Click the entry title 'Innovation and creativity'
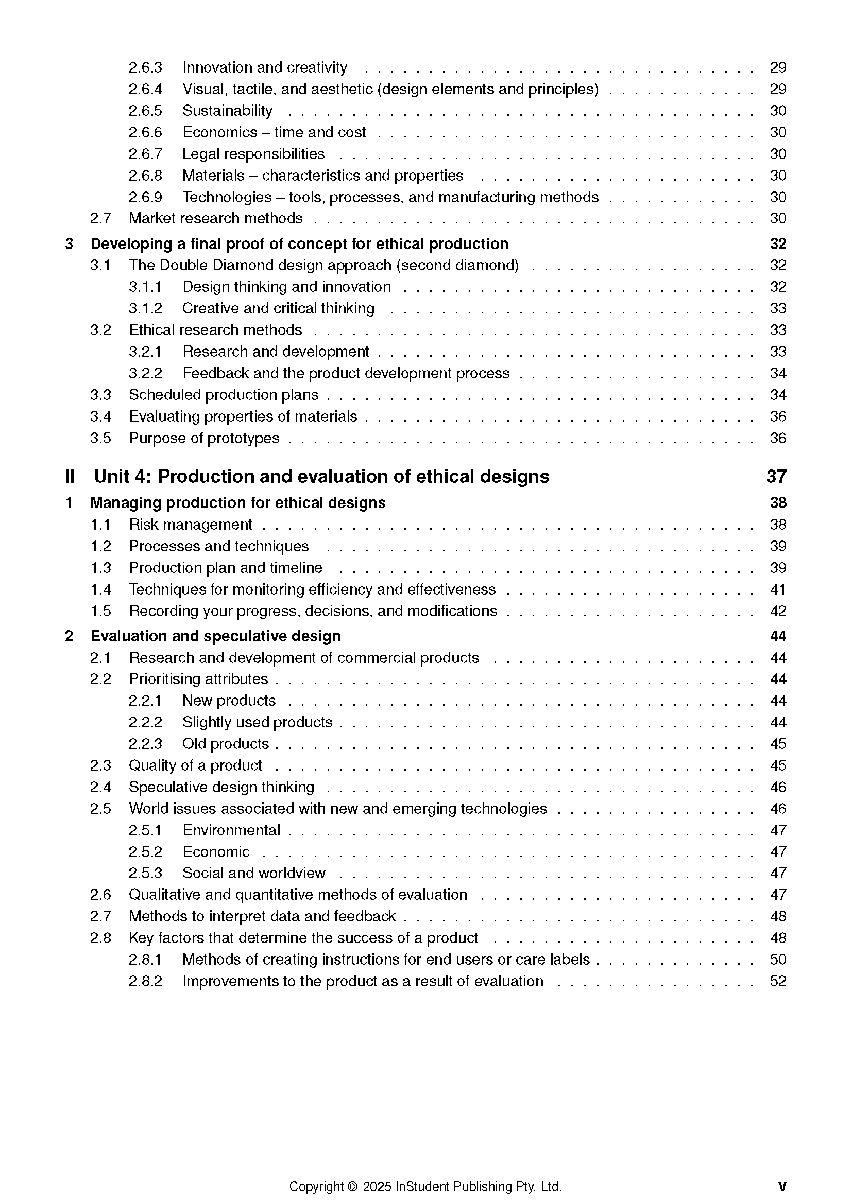[x=264, y=67]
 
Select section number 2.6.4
[x=145, y=89]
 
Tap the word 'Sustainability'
[x=227, y=111]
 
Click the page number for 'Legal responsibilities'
[x=777, y=153]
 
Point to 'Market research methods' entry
[x=216, y=218]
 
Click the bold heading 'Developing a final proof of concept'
[x=299, y=244]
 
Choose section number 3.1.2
[x=145, y=308]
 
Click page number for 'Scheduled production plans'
[x=777, y=395]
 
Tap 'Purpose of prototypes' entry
[x=204, y=438]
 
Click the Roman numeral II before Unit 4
[x=70, y=477]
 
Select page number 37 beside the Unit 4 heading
[x=776, y=477]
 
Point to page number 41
[x=777, y=589]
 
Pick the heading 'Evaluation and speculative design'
[x=215, y=636]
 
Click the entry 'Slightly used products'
[x=257, y=722]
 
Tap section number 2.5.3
[x=145, y=873]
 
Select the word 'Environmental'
[x=231, y=830]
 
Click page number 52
[x=777, y=981]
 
